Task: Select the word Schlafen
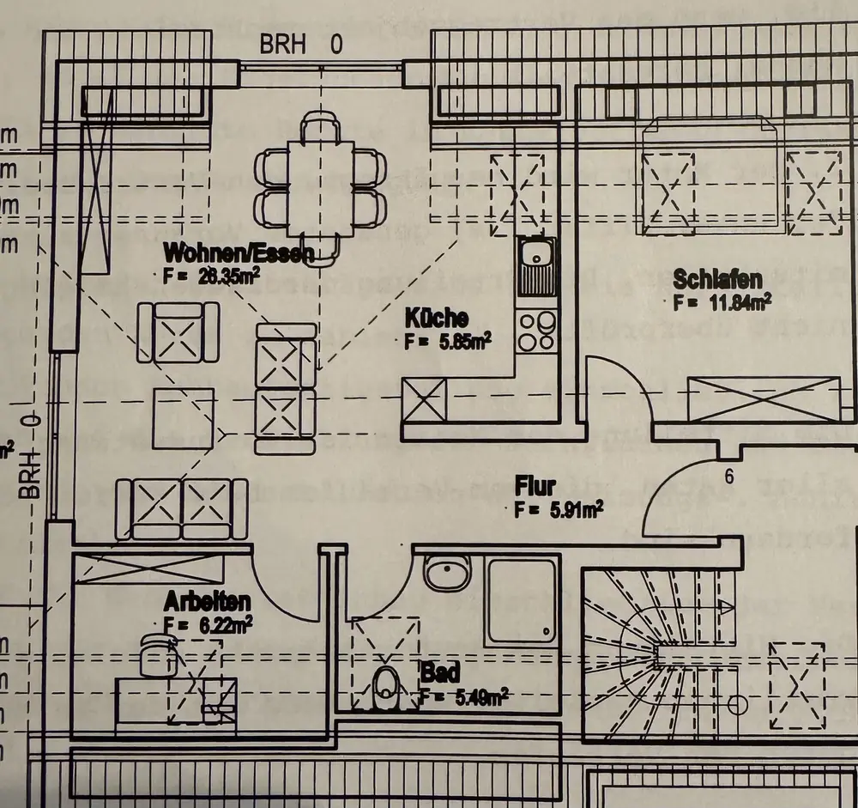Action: tap(718, 280)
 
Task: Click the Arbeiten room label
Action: tap(209, 600)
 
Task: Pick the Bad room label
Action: tap(439, 671)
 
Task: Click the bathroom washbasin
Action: tap(448, 573)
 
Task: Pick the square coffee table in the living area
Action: tap(183, 418)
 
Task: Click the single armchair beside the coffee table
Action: tap(178, 332)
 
